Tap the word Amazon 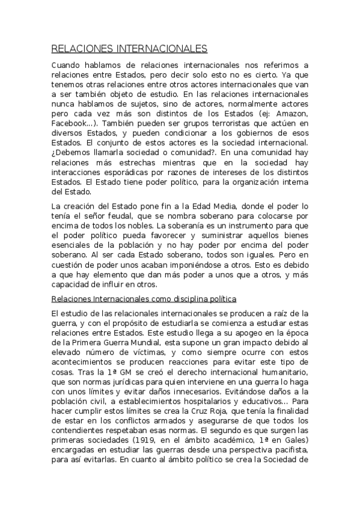(x=291, y=114)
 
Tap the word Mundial (x=152, y=342)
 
